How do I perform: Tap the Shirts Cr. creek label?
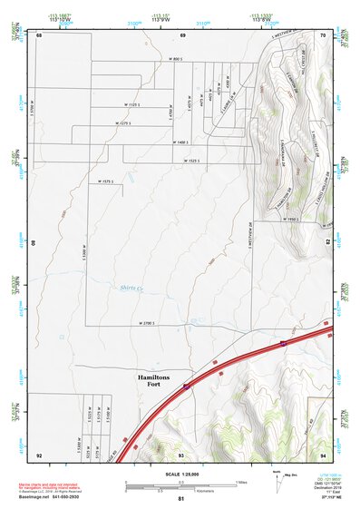(133, 289)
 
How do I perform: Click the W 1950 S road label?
(290, 219)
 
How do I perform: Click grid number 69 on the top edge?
(182, 34)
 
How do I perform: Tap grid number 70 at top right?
(324, 34)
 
